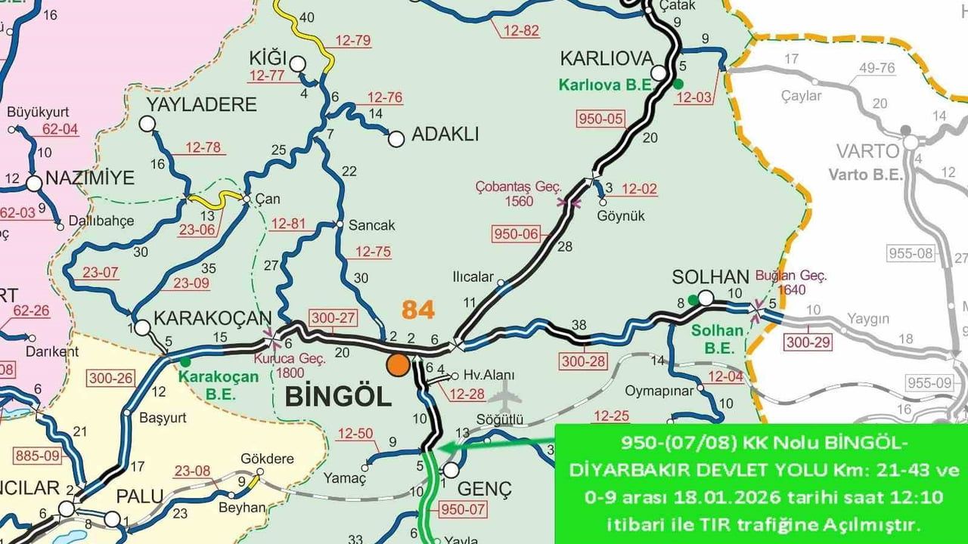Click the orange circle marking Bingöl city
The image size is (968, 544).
click(398, 365)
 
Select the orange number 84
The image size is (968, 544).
click(418, 310)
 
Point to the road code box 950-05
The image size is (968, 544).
click(601, 119)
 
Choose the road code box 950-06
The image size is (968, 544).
click(517, 234)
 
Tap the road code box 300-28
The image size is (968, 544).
click(583, 361)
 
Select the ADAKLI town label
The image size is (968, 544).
click(445, 135)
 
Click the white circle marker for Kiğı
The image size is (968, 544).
click(297, 63)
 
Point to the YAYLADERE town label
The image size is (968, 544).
click(201, 104)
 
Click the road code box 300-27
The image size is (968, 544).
click(332, 318)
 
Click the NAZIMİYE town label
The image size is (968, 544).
click(89, 178)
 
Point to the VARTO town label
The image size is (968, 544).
click(867, 150)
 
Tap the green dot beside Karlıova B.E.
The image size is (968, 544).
click(678, 83)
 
